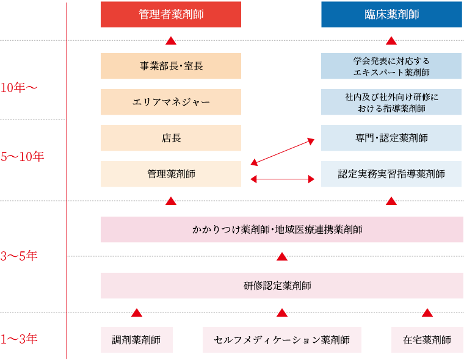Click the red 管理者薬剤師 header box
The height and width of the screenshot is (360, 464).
pos(171,15)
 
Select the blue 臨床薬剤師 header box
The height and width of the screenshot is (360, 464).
pos(391,15)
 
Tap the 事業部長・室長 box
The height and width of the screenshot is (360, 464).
pos(171,66)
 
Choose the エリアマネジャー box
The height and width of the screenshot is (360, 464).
pos(171,102)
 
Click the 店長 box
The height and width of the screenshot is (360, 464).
pos(171,138)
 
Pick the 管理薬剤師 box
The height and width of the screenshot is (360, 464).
pos(171,174)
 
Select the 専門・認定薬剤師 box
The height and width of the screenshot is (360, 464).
pos(391,138)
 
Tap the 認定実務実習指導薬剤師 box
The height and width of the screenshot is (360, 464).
pos(391,174)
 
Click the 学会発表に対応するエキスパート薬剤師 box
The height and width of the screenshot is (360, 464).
pos(391,66)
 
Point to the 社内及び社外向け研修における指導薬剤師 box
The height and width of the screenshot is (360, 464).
pos(391,102)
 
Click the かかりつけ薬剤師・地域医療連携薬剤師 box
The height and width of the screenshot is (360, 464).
pos(281,229)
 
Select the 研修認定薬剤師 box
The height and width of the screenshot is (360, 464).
pos(281,286)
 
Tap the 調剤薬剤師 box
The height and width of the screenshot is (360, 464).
pos(136,340)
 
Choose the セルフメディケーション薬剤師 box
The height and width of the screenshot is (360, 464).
pos(281,340)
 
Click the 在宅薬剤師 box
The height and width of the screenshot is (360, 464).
pos(427,340)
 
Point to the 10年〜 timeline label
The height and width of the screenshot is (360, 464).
pos(19,88)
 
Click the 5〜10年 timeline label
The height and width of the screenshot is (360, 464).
pos(22,156)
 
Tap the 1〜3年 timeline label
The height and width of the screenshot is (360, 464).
pos(19,339)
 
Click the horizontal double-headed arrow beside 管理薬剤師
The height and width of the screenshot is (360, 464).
pos(282,179)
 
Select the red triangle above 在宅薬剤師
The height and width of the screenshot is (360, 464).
pos(427,312)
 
